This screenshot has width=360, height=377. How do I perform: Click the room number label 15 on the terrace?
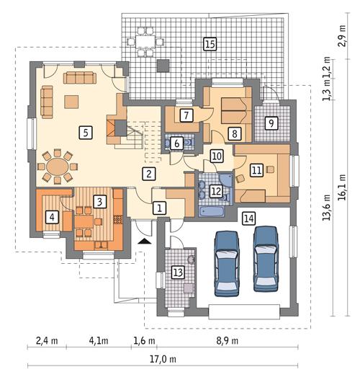coord(210,45)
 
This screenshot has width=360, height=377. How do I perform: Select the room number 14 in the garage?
coord(248,218)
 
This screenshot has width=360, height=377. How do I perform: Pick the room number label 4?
coord(51,216)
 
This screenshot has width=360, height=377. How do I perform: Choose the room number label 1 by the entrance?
coord(161,208)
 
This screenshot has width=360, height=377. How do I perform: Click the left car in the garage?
coord(228,261)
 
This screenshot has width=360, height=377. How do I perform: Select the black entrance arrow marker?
coord(145,242)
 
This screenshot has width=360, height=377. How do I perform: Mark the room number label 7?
coord(185,115)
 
